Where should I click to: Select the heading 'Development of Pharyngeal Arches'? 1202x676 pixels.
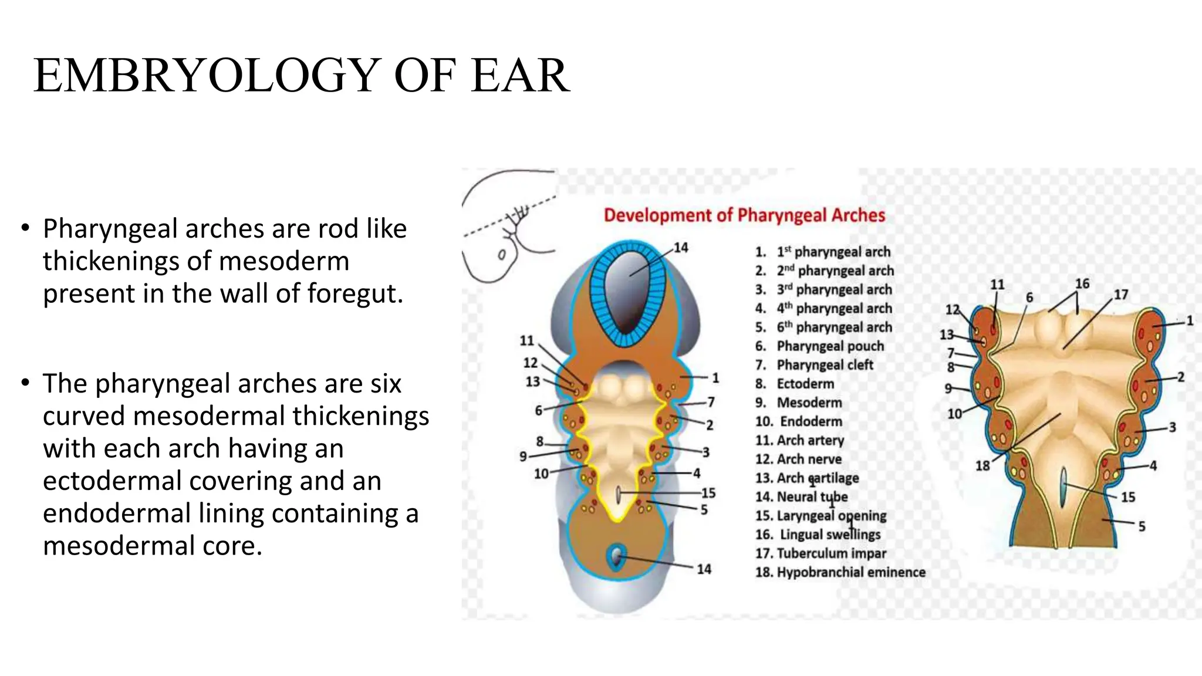pyautogui.click(x=744, y=215)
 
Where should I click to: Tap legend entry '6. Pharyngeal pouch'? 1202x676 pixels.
pyautogui.click(x=819, y=346)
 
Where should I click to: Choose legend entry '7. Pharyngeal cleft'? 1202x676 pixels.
pyautogui.click(x=814, y=365)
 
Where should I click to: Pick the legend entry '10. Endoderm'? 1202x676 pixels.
pyautogui.click(x=799, y=421)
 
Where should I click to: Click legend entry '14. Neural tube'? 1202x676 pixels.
pyautogui.click(x=802, y=497)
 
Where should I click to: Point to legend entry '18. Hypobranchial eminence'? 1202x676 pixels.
pyautogui.click(x=840, y=572)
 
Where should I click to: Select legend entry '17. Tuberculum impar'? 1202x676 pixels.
pyautogui.click(x=821, y=553)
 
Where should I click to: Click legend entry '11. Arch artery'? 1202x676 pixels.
pyautogui.click(x=799, y=440)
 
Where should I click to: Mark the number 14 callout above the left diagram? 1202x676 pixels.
pyautogui.click(x=681, y=248)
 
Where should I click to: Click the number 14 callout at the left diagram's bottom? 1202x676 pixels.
pyautogui.click(x=704, y=569)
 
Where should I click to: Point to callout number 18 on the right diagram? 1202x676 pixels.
pyautogui.click(x=982, y=466)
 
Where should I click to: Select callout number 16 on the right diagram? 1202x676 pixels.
pyautogui.click(x=1082, y=284)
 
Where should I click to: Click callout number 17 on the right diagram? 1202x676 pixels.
pyautogui.click(x=1121, y=295)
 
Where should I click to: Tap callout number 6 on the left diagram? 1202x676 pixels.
pyautogui.click(x=538, y=411)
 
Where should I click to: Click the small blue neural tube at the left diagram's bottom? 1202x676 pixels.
pyautogui.click(x=616, y=557)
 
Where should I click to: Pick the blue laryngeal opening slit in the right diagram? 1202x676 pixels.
pyautogui.click(x=1063, y=487)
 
